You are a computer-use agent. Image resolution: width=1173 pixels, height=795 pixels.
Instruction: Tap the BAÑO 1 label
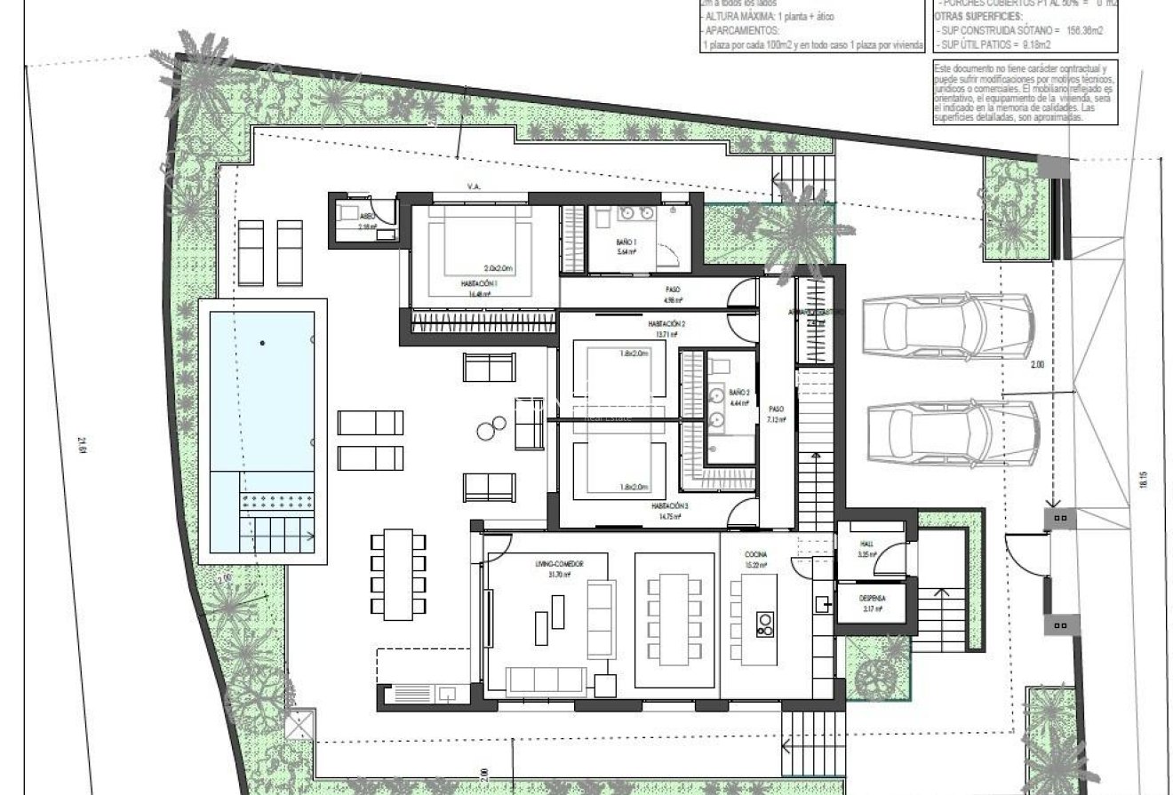(627, 242)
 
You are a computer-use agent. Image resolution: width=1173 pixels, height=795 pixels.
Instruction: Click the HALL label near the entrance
(866, 544)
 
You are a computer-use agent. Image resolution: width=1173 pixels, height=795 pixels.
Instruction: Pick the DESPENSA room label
(871, 599)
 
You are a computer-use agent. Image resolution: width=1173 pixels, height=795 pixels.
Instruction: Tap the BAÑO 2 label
(739, 392)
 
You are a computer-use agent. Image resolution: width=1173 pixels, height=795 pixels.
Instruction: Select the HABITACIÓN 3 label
(668, 505)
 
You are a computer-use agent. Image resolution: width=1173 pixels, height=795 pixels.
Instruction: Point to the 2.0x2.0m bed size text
(500, 267)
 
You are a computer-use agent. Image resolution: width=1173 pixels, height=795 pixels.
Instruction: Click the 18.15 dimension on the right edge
(1144, 481)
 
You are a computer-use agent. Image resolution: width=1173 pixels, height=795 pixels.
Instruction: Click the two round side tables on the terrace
(488, 429)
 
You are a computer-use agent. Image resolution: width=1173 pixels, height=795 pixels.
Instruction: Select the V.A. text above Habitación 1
(473, 186)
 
